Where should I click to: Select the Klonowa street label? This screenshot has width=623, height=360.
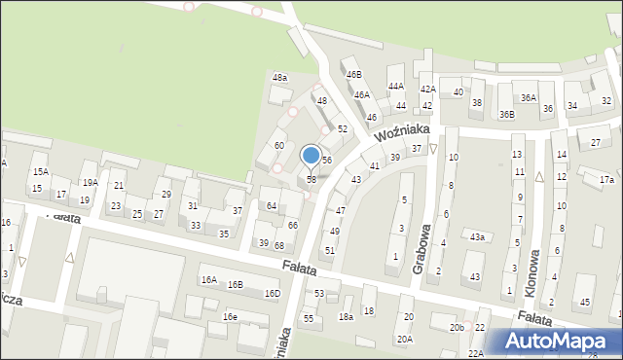[531, 249]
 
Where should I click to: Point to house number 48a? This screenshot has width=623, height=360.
[279, 77]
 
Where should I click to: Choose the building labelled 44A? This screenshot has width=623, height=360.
[396, 86]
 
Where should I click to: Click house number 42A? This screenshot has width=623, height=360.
[427, 89]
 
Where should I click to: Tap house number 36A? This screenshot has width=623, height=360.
[529, 97]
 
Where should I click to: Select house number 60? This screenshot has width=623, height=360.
[278, 145]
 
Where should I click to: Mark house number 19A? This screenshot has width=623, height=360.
[90, 182]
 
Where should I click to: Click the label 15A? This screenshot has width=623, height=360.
[40, 171]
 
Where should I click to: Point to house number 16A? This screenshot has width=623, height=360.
[209, 279]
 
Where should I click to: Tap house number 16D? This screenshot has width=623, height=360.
[273, 293]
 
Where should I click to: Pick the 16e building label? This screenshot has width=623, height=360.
[230, 317]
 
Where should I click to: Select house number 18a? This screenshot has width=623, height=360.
[346, 317]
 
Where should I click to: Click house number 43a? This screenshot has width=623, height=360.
[477, 236]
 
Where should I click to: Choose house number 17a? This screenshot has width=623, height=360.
[606, 180]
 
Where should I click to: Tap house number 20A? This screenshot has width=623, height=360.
[404, 339]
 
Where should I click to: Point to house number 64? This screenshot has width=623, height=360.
[272, 205]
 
